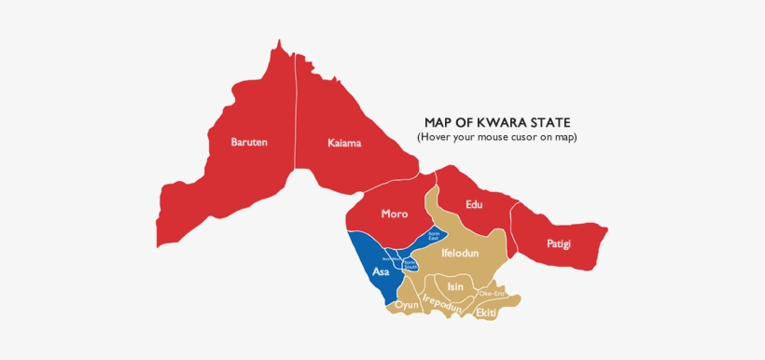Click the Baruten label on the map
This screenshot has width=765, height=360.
[249, 143]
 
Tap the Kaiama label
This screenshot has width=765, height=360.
[344, 144]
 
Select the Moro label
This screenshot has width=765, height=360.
[394, 214]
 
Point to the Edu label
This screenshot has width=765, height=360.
[474, 204]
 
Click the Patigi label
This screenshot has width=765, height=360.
[558, 244]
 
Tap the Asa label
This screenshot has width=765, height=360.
[381, 272]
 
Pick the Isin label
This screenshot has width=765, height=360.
[455, 286]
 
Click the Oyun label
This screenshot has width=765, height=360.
[407, 305]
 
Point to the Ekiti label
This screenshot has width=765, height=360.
[486, 312]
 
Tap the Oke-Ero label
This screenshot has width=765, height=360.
[491, 293]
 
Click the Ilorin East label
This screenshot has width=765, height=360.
[434, 236]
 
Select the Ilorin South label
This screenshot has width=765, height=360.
[410, 265]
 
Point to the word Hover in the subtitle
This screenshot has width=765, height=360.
[436, 137]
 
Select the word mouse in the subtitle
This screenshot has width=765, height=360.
[495, 137]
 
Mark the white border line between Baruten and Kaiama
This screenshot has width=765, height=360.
[296, 112]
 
